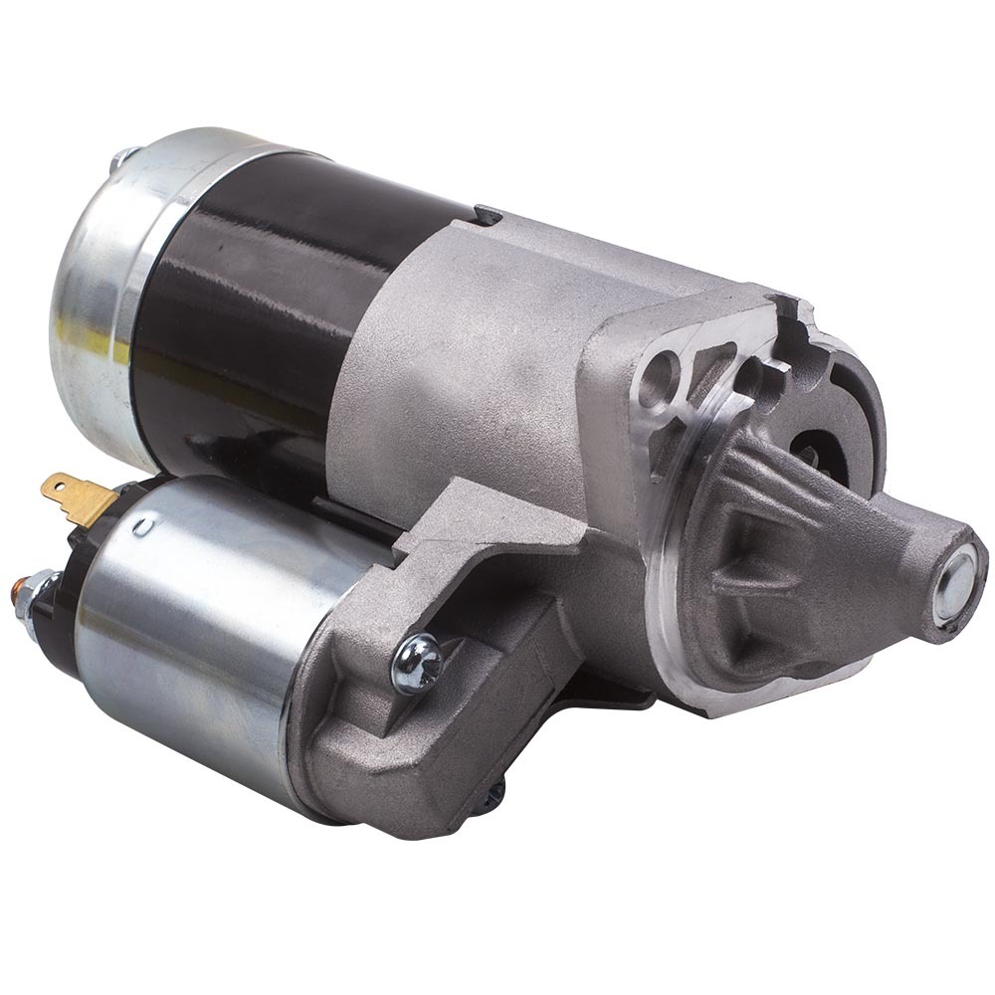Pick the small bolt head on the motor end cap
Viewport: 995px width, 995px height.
tap(123, 158)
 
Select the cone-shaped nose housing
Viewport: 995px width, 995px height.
tap(826, 567)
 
